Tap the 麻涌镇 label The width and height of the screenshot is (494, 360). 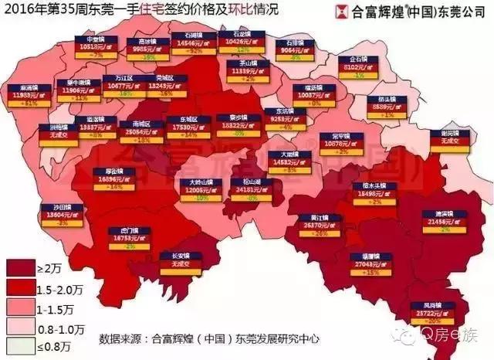tap(35, 93)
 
